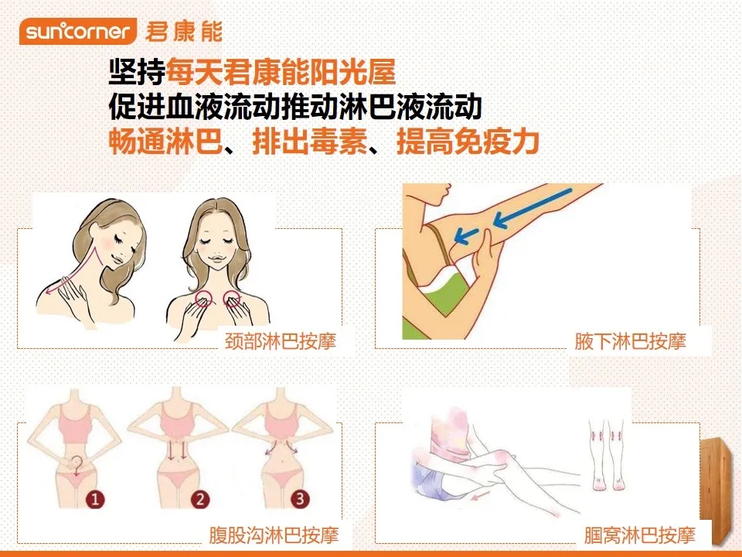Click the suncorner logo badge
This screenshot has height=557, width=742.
(77, 31)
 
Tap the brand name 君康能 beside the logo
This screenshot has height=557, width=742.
(184, 32)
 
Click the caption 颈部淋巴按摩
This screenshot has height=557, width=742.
(280, 341)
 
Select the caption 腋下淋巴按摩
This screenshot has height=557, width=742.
(631, 341)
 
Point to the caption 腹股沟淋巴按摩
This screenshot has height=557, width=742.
(274, 535)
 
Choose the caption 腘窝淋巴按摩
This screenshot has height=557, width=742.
(640, 535)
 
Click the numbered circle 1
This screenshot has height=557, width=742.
(95, 499)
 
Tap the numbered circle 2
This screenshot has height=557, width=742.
(200, 499)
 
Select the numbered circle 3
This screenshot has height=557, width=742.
(300, 498)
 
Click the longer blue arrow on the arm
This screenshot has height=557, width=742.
(533, 208)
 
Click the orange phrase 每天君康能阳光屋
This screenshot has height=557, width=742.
(281, 72)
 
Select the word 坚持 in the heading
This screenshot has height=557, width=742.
(138, 72)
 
